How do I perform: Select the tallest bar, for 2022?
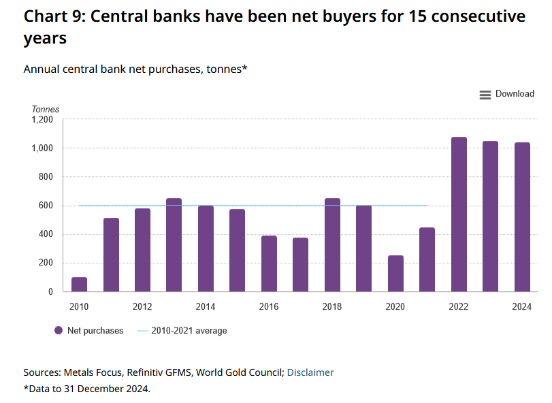click(x=459, y=214)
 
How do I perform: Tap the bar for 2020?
click(x=395, y=274)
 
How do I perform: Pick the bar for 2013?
click(x=174, y=245)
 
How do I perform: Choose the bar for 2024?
click(x=522, y=217)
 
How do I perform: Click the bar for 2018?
click(x=332, y=245)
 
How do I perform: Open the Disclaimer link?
click(x=310, y=372)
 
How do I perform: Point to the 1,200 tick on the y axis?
click(x=42, y=120)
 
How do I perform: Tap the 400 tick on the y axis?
click(x=46, y=235)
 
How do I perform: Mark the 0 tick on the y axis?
click(x=50, y=292)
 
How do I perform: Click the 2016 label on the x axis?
click(x=269, y=307)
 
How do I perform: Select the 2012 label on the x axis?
click(x=142, y=307)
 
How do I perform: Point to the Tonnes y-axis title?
click(x=46, y=109)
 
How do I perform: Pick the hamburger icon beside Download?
click(x=485, y=95)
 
